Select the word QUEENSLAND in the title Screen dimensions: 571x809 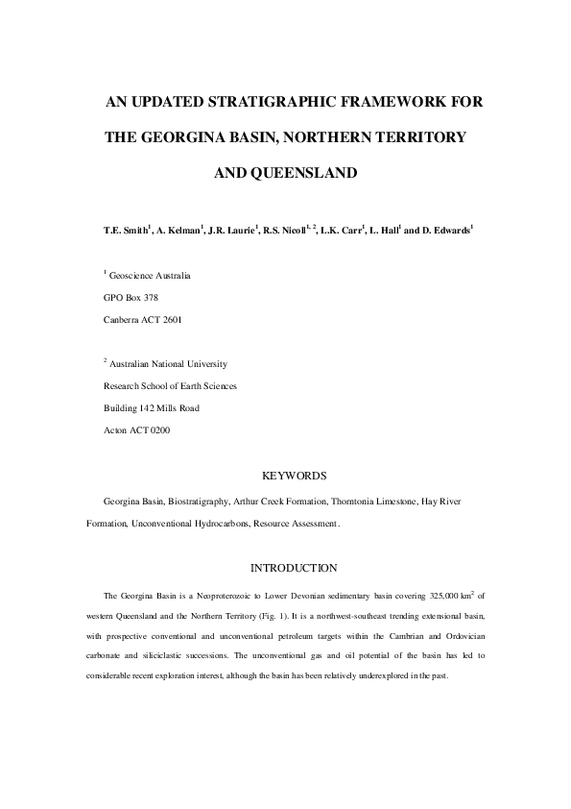pos(298,174)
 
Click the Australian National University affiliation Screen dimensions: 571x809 pos(169,364)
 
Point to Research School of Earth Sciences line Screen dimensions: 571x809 pos(170,385)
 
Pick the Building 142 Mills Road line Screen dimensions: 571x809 pos(152,407)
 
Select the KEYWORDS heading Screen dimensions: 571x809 pos(295,476)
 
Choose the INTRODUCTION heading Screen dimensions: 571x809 pos(294,569)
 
